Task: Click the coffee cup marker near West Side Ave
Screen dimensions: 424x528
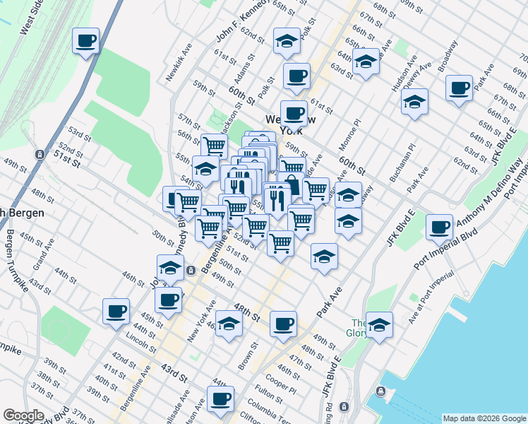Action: pos(85,41)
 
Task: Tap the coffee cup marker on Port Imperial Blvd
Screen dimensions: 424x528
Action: pos(440,228)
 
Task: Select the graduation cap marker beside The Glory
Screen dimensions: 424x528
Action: pos(379,325)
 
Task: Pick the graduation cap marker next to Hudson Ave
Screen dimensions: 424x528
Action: pos(415,101)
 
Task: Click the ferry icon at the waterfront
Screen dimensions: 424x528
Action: pos(381,391)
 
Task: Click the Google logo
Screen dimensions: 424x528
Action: pos(23,416)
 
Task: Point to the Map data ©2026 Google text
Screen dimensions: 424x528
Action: pos(484,418)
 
